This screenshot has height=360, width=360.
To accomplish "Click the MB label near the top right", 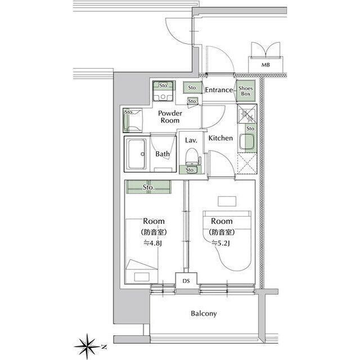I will click(265, 65).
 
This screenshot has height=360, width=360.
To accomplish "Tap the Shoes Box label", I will click(245, 91).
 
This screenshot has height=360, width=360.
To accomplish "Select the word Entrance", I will click(219, 90).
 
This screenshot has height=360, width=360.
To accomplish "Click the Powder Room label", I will click(169, 116).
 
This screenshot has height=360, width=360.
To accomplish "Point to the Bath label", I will click(163, 153).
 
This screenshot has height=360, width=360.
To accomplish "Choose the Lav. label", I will click(190, 140).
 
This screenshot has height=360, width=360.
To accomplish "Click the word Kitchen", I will click(220, 138).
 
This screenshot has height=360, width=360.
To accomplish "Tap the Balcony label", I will click(204, 314).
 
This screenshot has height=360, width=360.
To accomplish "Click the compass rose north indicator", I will click(89, 344).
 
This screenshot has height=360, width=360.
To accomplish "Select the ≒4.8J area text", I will click(152, 243).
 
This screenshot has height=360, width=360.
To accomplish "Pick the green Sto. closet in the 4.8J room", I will click(148, 186).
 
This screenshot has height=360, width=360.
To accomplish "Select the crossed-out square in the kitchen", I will click(247, 164).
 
